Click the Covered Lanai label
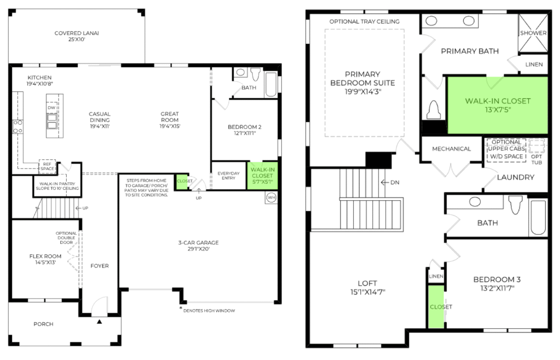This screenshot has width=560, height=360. point(77,36)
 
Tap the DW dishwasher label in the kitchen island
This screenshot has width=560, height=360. point(51,107)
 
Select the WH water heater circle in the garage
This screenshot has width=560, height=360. point(271,198)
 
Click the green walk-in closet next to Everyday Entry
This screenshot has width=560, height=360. point(262,176)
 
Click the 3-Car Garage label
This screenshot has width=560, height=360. point(198,246)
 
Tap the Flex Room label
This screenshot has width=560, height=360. point(45,259)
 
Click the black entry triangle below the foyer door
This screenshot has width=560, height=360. point(100,322)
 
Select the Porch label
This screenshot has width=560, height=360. point(43,324)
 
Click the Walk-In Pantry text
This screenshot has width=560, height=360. point(57,184)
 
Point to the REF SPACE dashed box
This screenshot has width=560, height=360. point(47,166)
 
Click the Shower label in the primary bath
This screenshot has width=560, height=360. point(533,33)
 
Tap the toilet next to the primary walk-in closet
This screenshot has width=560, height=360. point(434,109)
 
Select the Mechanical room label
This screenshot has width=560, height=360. point(451,149)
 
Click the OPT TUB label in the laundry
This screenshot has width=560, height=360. point(536,159)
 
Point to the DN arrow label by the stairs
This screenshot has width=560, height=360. point(390,183)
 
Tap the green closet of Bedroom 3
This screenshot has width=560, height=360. point(436,306)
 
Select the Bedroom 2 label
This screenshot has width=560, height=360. point(244,130)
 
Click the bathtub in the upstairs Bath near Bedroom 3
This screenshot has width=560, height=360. point(538,217)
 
